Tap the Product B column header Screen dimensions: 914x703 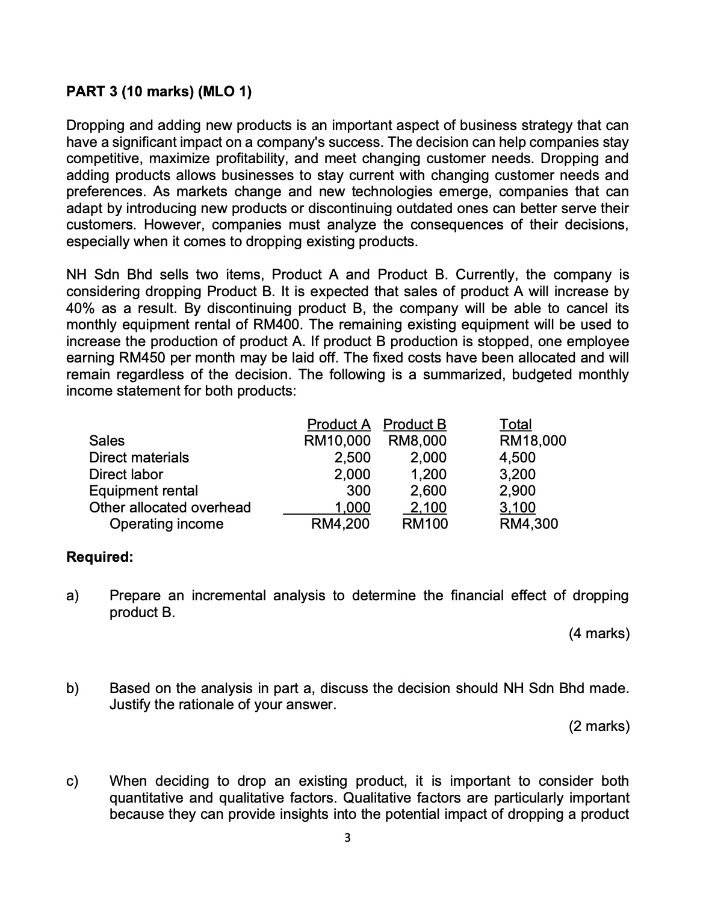(415, 424)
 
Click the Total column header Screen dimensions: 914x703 (516, 424)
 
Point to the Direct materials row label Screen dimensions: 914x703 (138, 458)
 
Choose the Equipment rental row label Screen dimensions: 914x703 (143, 491)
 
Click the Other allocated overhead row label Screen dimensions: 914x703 (170, 508)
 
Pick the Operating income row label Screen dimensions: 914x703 (166, 524)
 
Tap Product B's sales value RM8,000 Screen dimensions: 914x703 (418, 441)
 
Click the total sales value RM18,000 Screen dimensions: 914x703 (533, 441)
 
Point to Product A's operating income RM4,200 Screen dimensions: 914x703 (340, 524)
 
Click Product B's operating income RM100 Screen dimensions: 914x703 (425, 524)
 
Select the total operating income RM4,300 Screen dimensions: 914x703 (529, 524)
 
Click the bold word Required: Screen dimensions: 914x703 (99, 557)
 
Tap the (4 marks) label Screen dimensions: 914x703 (599, 633)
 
